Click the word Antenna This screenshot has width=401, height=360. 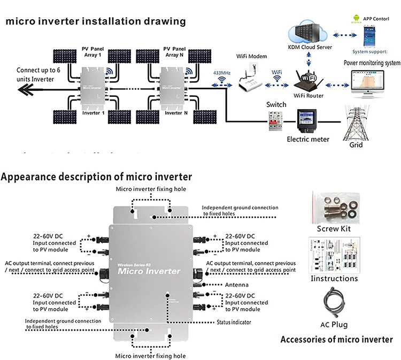click(237, 284)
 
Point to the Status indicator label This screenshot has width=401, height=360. click(234, 322)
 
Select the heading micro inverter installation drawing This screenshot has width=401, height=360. click(96, 21)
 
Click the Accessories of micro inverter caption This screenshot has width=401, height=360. click(337, 339)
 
